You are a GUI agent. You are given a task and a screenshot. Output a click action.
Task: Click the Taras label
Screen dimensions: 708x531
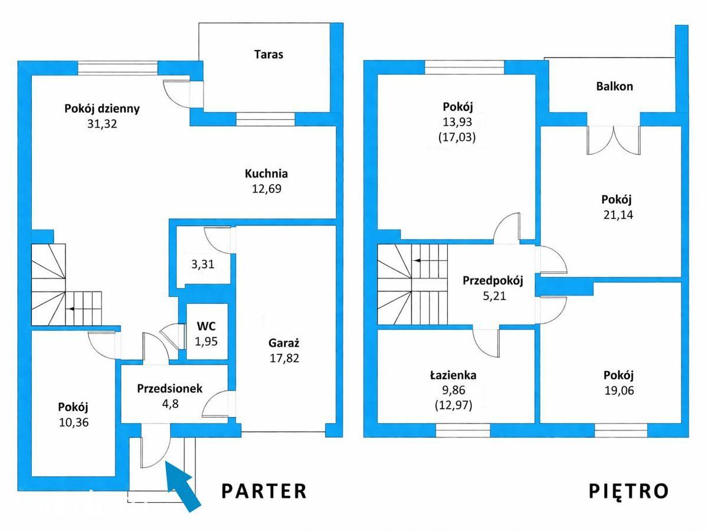point(268,54)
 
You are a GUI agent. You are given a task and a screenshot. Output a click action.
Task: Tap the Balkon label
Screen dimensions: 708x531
point(614,86)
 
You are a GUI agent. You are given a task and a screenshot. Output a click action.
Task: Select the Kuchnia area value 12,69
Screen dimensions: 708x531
point(267,189)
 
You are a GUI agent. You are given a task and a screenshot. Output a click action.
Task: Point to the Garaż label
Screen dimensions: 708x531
point(284,343)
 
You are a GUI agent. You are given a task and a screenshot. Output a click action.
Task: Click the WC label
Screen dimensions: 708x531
point(206,326)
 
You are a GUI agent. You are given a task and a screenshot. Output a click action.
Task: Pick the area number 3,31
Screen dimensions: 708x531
point(202,264)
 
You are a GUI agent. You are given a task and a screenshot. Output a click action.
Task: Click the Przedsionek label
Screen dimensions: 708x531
point(170,388)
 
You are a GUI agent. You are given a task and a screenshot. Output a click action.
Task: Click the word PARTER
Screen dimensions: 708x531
point(264,491)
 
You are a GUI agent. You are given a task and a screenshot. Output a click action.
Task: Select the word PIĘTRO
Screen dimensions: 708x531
point(629,491)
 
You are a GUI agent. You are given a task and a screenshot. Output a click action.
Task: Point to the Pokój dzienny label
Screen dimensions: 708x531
point(102,109)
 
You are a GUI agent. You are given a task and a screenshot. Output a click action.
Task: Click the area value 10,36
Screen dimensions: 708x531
point(74,422)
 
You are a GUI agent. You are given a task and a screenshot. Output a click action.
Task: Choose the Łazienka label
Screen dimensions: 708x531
point(453,375)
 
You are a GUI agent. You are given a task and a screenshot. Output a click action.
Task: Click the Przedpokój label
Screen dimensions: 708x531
point(493,280)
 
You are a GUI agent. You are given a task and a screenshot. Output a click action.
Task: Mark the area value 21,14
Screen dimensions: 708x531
point(618,215)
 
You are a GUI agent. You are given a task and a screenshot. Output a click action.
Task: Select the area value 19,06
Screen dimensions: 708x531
point(619,391)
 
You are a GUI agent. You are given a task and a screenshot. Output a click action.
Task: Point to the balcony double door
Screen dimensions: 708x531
point(614,140)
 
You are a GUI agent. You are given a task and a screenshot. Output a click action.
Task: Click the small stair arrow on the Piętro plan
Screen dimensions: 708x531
point(418,260)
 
